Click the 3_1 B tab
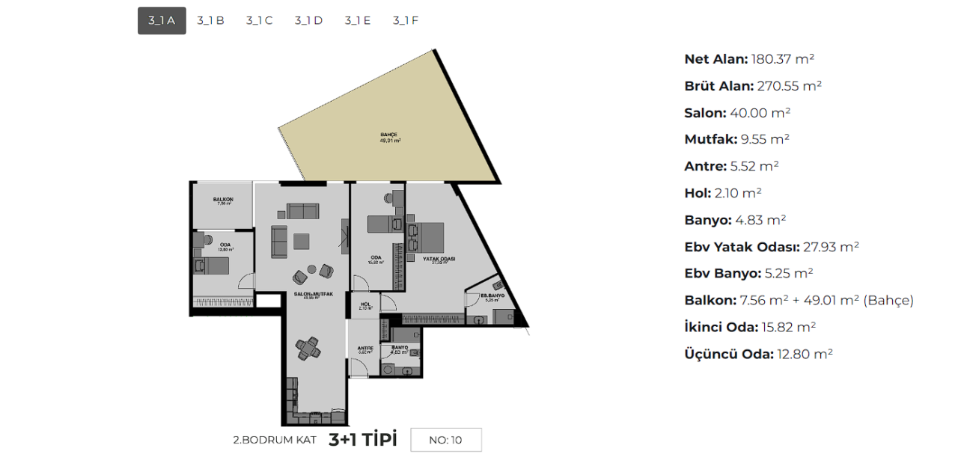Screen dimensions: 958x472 tap(210, 21)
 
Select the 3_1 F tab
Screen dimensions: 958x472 tap(406, 21)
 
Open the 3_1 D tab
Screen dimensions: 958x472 tap(308, 21)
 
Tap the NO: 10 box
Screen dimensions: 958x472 tap(445, 440)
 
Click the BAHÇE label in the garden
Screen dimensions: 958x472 tap(390, 135)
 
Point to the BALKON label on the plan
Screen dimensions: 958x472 tap(223, 200)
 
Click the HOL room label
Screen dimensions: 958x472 tap(366, 304)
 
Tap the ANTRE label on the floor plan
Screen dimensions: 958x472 tap(365, 348)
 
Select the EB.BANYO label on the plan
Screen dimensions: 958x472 tap(492, 296)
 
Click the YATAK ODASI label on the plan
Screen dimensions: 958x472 tap(440, 259)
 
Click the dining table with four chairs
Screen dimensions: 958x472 tap(308, 348)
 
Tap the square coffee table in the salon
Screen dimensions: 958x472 tap(302, 240)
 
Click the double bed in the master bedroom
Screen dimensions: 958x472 tap(431, 237)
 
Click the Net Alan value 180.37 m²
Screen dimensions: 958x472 tap(782, 59)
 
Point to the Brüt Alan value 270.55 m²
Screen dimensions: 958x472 tap(789, 86)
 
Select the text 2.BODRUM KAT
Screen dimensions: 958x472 tap(275, 440)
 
